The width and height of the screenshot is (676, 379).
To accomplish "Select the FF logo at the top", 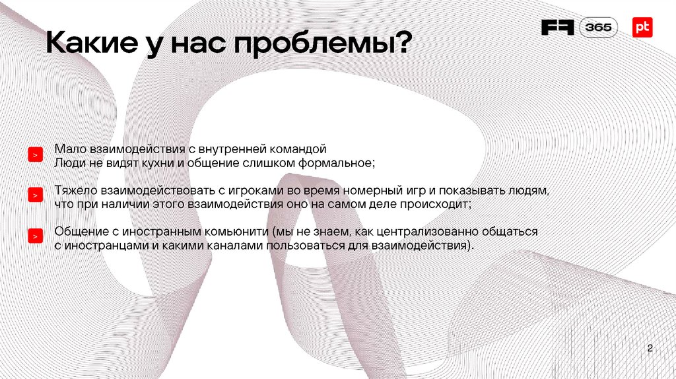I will pyautogui.click(x=558, y=28).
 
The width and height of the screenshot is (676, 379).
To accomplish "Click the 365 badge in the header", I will pyautogui.click(x=599, y=28).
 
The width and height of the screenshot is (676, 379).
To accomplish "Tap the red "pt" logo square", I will pyautogui.click(x=642, y=27).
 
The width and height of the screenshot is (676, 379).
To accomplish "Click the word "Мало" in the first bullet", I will pyautogui.click(x=68, y=149).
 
